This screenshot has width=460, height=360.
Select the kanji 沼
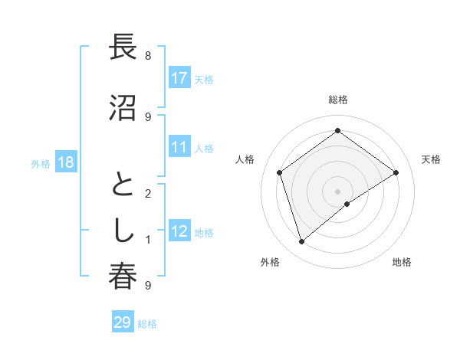coord(123,106)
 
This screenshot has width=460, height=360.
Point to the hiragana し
coord(123,231)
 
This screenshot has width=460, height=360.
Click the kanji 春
coord(123,277)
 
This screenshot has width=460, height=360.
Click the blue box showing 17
coord(179,78)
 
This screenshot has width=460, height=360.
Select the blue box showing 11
coord(179,147)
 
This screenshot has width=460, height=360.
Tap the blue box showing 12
coord(179,231)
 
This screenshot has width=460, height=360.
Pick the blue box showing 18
coord(65,162)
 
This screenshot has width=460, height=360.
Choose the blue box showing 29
coord(123,322)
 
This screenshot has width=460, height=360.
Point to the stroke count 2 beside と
coord(147,194)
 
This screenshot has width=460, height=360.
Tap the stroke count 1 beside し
coord(147,240)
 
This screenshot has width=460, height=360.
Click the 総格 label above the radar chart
coord(338,100)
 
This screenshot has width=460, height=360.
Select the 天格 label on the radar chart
coord(431,159)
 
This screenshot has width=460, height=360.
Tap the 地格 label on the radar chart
coord(402,262)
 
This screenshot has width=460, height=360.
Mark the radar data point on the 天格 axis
coord(396,172)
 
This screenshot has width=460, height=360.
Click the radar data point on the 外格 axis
coord(302,242)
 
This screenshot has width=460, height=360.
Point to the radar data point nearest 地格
coord(347,204)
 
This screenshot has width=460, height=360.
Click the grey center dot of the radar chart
coord(338,191)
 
